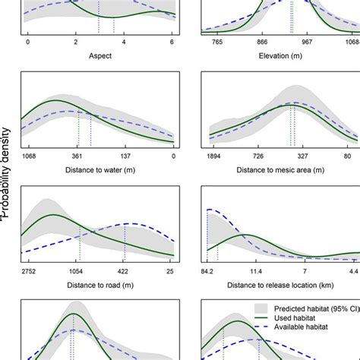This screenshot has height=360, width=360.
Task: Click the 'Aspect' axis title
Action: click(99, 56)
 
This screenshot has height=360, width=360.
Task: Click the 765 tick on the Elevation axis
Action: click(217, 44)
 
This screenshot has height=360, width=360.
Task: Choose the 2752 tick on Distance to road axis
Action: click(28, 270)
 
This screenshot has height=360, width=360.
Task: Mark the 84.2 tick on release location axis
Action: click(208, 270)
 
